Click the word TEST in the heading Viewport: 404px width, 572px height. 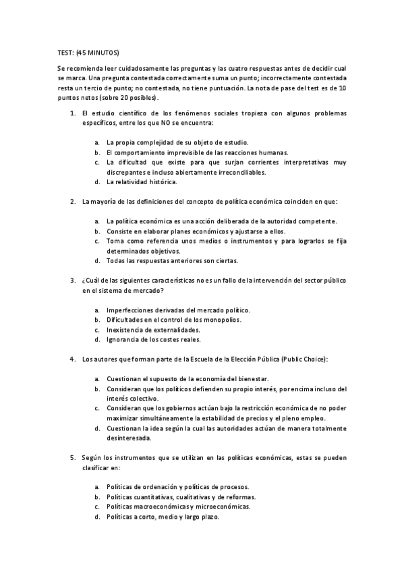click(x=65, y=53)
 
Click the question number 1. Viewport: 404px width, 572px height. click(x=73, y=114)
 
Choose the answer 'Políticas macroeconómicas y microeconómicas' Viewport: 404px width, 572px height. click(x=178, y=507)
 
